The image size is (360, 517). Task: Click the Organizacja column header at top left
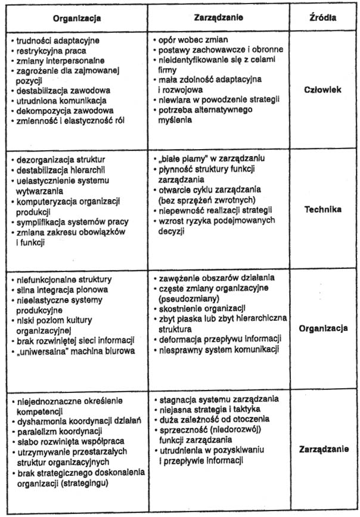pos(77,18)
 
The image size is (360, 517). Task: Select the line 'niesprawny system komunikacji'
pos(217,349)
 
